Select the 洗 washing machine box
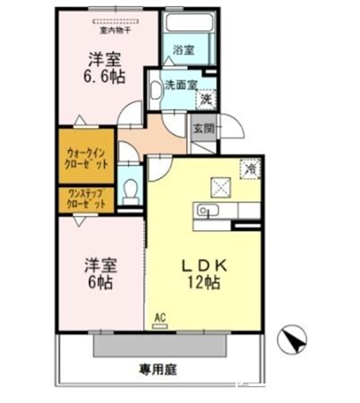[205, 99]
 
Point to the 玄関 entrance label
[201, 128]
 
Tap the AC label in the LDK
[161, 316]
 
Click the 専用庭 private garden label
[157, 367]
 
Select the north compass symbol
[293, 340]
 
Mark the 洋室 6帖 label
[100, 272]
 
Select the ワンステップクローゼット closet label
[85, 200]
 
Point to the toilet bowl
[132, 191]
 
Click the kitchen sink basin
[207, 211]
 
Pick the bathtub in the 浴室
[186, 37]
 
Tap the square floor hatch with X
[220, 186]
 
